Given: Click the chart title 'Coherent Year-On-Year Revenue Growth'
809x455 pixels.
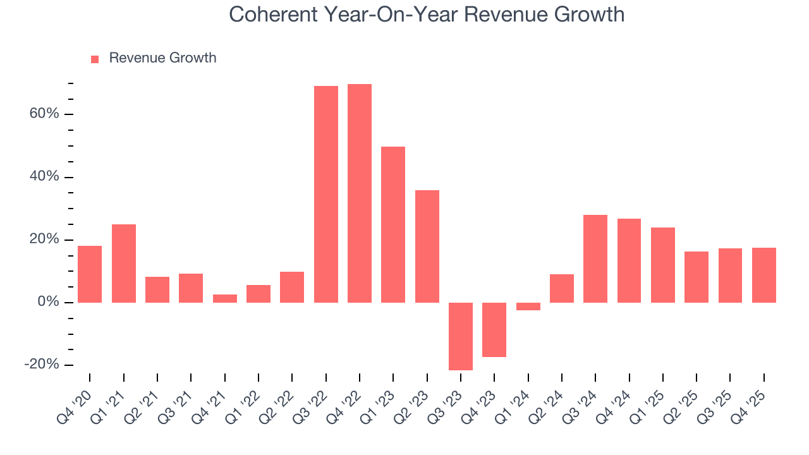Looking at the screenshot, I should [x=427, y=15].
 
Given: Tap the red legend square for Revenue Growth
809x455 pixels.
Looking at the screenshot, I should [x=95, y=59].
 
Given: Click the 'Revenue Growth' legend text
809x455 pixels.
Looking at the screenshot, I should [x=162, y=58].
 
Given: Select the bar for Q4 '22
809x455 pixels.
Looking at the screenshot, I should [x=360, y=193].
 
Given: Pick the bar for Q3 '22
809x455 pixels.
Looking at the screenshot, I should [x=326, y=194].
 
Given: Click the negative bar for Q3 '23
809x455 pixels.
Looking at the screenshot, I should [x=461, y=336].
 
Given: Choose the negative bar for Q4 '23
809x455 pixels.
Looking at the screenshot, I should [x=494, y=330].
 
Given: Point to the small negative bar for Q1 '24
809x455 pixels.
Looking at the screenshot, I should [x=528, y=306].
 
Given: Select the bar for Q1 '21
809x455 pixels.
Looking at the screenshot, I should [x=124, y=264].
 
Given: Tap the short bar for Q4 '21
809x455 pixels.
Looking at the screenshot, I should [x=225, y=298].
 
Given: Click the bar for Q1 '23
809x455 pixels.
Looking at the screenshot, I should [x=393, y=224].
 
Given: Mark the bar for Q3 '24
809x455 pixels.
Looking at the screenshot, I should [x=595, y=258].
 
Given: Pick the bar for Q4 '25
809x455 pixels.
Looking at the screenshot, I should [x=764, y=275].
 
